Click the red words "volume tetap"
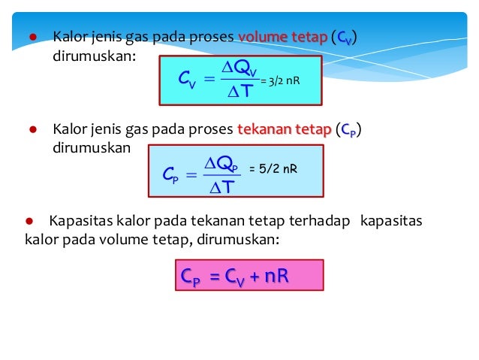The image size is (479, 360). pyautogui.click(x=282, y=37)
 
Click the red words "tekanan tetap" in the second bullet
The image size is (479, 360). pyautogui.click(x=283, y=130)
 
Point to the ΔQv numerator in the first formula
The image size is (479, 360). pyautogui.click(x=242, y=68)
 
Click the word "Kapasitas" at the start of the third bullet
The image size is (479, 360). pyautogui.click(x=77, y=222)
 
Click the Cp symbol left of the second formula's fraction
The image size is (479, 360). pyautogui.click(x=171, y=175)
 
